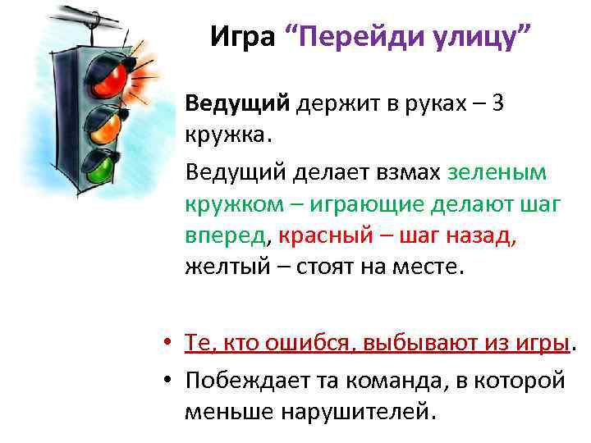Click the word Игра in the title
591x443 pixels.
tap(241, 37)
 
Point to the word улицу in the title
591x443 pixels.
tap(479, 37)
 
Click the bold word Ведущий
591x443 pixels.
tap(238, 105)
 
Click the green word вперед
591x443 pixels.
tap(227, 236)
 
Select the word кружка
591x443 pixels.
tap(226, 135)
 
